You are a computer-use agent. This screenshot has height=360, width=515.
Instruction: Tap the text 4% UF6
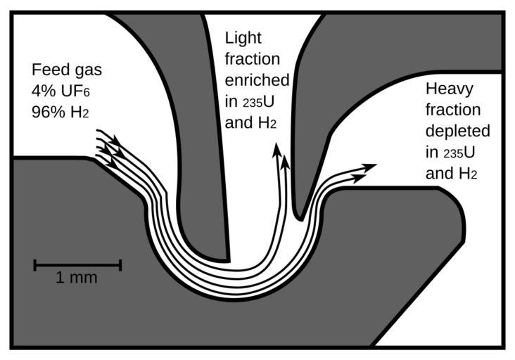[61, 91]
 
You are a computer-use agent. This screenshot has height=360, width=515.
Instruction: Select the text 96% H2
[61, 111]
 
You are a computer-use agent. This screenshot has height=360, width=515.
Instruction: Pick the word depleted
[458, 131]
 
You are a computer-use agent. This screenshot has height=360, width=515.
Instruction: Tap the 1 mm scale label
[77, 278]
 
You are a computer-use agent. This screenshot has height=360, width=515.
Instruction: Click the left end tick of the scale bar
[35, 265]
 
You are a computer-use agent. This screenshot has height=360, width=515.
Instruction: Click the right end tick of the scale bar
[120, 265]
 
